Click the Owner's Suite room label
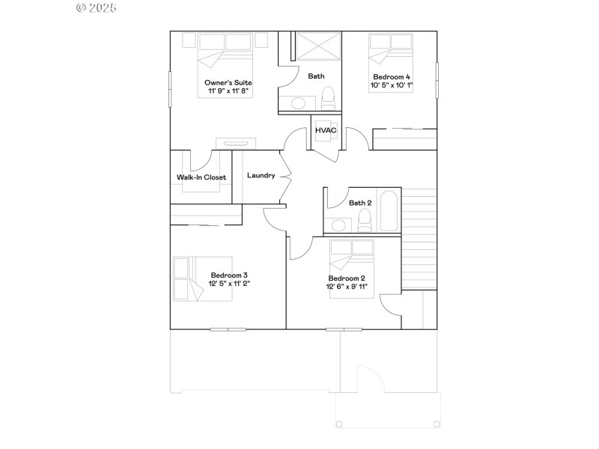[228, 82]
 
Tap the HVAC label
[326, 131]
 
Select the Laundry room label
[261, 176]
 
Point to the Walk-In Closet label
[201, 177]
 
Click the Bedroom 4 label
[392, 77]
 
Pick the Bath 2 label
[360, 203]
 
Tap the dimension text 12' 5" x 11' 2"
[229, 283]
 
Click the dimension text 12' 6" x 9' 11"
[347, 287]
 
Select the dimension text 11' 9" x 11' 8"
[228, 91]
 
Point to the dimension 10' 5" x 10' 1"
[392, 85]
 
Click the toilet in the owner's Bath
[327, 98]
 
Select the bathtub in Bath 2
[389, 211]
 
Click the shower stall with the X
[316, 47]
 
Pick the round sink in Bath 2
[338, 224]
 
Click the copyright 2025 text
[97, 8]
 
